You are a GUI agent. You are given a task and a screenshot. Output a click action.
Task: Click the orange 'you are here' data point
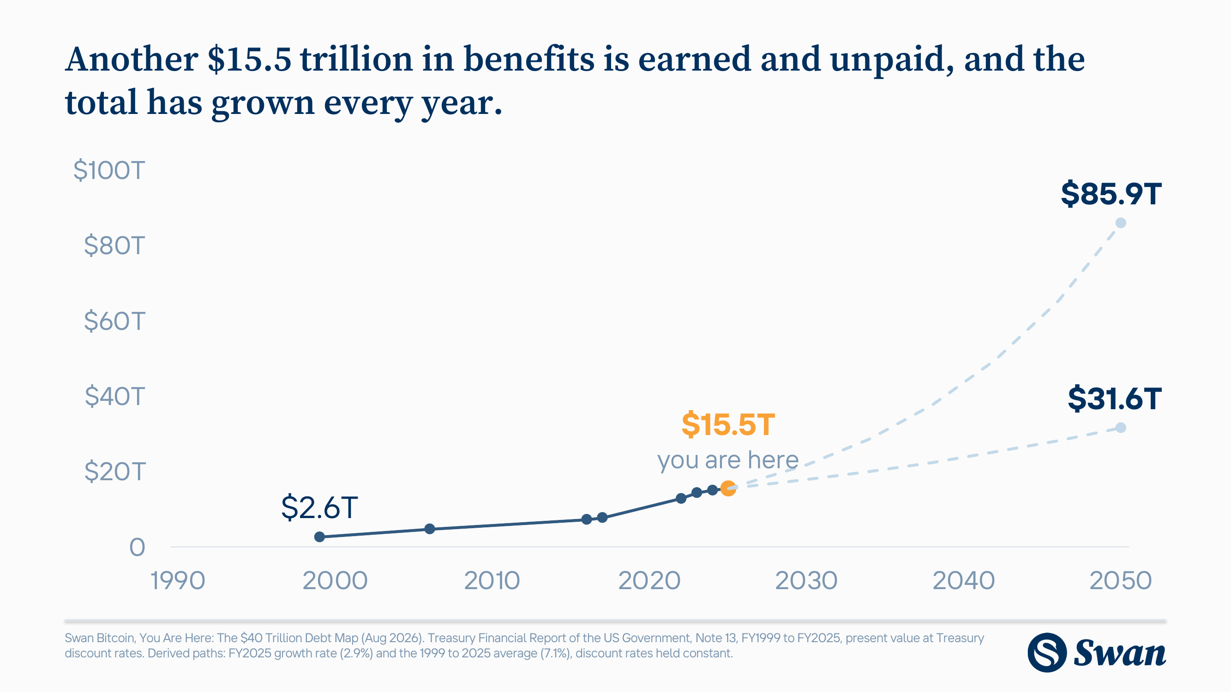click(728, 489)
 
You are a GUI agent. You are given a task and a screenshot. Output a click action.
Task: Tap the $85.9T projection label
click(1111, 194)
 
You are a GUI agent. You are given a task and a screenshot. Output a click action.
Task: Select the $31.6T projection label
click(1114, 399)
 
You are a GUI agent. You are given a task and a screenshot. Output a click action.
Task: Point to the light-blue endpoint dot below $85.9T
click(1121, 222)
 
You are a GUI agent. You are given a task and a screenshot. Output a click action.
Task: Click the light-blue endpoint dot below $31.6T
click(1121, 428)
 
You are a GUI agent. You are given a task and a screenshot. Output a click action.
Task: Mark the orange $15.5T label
click(728, 424)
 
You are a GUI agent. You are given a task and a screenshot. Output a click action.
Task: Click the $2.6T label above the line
click(319, 507)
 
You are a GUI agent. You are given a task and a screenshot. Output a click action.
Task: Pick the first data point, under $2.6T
click(320, 537)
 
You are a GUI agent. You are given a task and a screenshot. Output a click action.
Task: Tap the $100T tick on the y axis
click(109, 170)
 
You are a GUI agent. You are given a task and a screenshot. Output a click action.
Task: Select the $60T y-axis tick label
click(114, 321)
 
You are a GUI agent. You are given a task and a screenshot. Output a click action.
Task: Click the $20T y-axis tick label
click(114, 472)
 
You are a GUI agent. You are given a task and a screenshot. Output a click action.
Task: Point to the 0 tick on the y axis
click(137, 547)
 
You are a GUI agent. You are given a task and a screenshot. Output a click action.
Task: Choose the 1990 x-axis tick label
click(178, 581)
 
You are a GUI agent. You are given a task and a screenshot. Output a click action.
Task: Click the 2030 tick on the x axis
click(806, 581)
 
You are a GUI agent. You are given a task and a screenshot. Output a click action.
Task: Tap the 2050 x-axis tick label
click(1121, 581)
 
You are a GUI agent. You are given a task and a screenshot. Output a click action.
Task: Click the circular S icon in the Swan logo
click(1047, 652)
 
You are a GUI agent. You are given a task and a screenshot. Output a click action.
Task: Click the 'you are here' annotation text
click(728, 460)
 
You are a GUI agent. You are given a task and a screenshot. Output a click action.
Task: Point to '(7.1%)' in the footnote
click(556, 653)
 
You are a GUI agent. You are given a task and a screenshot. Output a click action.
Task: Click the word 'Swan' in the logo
click(1120, 653)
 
